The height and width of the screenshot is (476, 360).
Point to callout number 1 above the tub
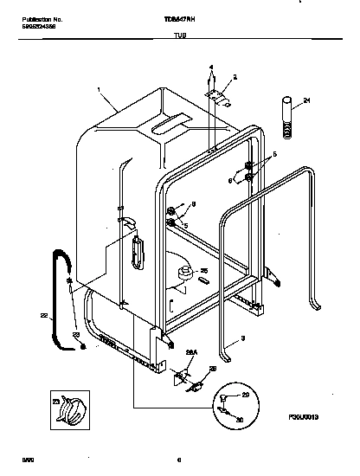pos(99,89)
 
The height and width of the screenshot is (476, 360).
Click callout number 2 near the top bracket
pos(234,77)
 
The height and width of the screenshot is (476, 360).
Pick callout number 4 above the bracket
pos(210,67)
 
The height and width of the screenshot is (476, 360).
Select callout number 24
pos(305,102)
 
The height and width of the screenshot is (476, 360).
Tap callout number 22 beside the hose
pos(45,316)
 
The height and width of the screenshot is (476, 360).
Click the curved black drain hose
pos(61,294)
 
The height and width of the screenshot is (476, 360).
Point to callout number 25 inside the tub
pos(204,271)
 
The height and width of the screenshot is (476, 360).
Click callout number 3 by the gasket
pos(243,337)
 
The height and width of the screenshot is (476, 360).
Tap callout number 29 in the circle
pos(245,395)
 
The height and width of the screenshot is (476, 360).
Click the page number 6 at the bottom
pos(177,460)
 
